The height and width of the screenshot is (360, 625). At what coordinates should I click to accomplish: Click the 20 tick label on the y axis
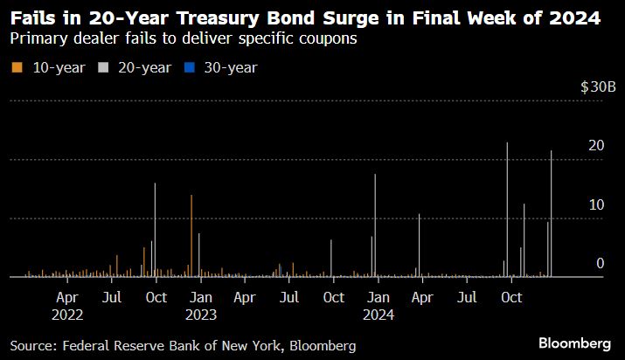[x=596, y=146]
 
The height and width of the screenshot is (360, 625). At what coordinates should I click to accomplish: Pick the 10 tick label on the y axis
[x=596, y=204]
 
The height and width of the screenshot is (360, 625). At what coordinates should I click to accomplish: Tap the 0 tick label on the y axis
[x=601, y=263]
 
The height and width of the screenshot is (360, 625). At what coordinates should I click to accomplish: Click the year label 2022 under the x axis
[x=67, y=314]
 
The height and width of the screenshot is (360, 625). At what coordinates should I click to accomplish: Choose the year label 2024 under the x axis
[x=378, y=314]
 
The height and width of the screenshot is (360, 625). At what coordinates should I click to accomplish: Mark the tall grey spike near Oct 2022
[x=155, y=229]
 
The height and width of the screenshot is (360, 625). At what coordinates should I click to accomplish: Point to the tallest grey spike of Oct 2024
[x=507, y=210]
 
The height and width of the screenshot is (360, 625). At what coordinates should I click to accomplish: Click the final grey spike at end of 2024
[x=551, y=214]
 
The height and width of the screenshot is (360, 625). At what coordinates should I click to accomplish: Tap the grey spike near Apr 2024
[x=420, y=245]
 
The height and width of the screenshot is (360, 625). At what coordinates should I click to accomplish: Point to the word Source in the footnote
[x=31, y=346]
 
